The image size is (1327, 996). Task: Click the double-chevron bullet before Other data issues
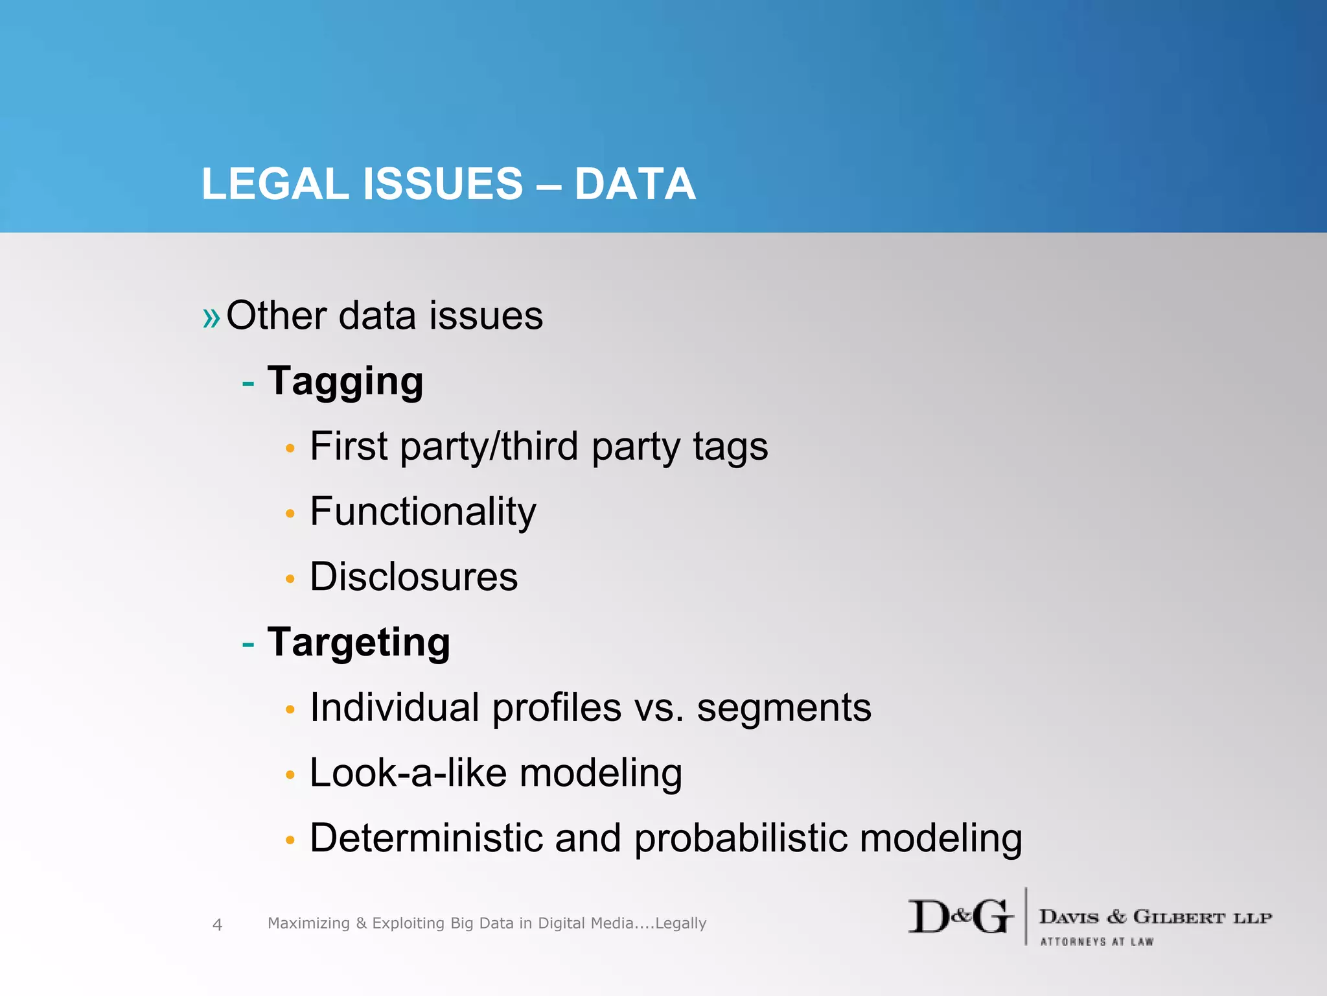(211, 318)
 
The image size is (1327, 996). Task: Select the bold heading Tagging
(345, 381)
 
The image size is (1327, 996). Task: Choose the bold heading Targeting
(358, 642)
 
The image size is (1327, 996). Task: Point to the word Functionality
(423, 512)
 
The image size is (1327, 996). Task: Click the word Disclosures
(414, 576)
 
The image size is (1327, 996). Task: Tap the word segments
(784, 707)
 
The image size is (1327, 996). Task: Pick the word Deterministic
(426, 838)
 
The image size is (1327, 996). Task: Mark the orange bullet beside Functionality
(290, 514)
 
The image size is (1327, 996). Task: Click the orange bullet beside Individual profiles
(290, 710)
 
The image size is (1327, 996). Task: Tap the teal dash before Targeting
(248, 645)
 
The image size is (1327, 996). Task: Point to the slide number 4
(217, 924)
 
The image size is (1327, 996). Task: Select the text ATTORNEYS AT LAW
(1096, 942)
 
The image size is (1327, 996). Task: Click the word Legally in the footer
(680, 923)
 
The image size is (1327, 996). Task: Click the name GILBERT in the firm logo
(1179, 917)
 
